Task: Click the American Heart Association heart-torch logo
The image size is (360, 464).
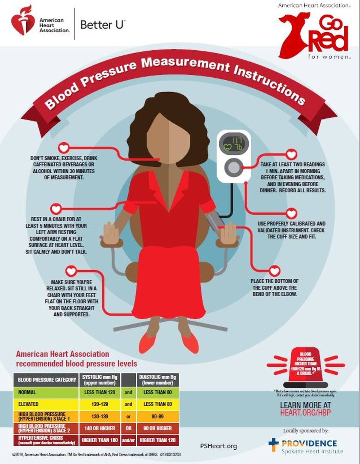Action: point(23,20)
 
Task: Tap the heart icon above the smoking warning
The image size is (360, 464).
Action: point(64,147)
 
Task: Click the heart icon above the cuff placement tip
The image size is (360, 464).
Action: point(274,271)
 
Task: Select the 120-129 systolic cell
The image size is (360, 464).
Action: point(100,404)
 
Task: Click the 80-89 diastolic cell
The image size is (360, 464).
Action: point(157,416)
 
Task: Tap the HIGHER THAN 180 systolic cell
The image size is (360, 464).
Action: point(100,440)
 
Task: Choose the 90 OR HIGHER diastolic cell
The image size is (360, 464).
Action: point(157,428)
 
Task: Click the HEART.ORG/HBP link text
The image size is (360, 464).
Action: point(305,412)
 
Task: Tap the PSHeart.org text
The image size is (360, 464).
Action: point(218,446)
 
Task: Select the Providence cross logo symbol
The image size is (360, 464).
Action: point(273,445)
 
